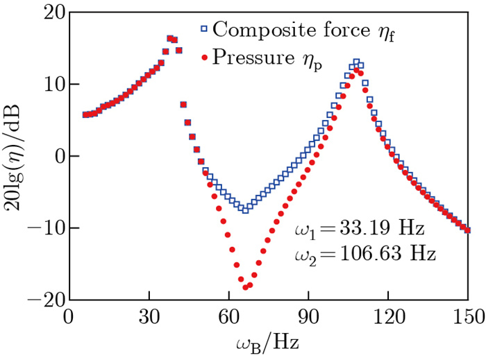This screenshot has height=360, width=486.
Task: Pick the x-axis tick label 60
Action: (228, 316)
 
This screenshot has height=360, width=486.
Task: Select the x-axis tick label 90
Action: (308, 316)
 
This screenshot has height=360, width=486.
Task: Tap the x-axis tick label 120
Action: (388, 316)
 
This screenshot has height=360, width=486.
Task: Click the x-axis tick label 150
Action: (468, 316)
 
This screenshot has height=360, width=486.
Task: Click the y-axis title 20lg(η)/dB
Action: (15, 156)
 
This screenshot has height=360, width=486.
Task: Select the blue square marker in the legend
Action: (204, 30)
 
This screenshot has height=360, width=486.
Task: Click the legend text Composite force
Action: (278, 30)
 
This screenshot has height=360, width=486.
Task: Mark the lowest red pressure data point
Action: (245, 287)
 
